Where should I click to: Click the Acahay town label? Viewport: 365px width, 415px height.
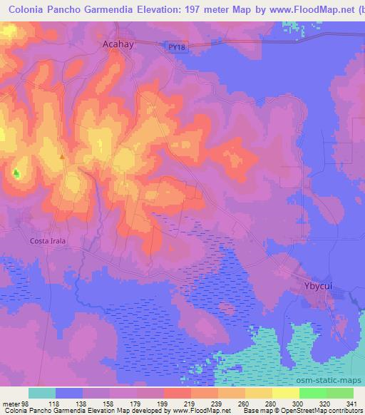[x=114, y=43]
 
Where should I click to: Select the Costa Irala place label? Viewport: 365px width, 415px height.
[x=48, y=241]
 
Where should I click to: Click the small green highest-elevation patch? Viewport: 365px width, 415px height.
[x=16, y=173]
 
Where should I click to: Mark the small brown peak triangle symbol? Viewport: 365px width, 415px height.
[x=62, y=156]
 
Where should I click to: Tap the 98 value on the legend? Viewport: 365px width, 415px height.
[x=26, y=403]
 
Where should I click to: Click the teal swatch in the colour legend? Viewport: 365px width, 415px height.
[x=42, y=393]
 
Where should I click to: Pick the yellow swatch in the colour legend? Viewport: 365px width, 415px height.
[x=285, y=393]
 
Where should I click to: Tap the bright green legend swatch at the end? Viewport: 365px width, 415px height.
[x=339, y=393]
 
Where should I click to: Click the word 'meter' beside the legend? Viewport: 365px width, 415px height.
[x=11, y=403]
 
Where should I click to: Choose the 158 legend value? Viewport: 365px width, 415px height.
[x=109, y=403]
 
